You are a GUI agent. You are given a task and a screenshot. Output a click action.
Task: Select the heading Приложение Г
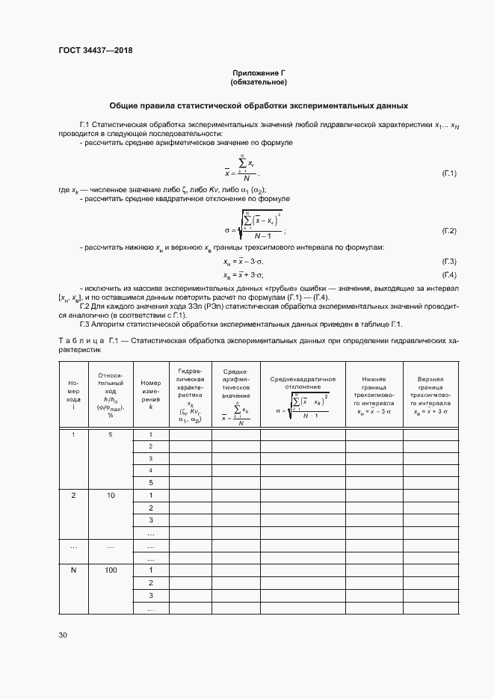pyautogui.click(x=259, y=73)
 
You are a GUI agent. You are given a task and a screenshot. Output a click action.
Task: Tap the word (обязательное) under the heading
pyautogui.click(x=259, y=81)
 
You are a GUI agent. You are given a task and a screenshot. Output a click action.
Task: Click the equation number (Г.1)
pyautogui.click(x=448, y=173)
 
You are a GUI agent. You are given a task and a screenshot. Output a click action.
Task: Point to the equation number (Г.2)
pyautogui.click(x=448, y=230)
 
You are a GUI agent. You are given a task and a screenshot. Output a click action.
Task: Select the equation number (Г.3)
pyautogui.click(x=448, y=262)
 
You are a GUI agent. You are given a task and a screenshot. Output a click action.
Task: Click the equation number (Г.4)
pyautogui.click(x=448, y=275)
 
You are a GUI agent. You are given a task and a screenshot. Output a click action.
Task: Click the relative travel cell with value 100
pyautogui.click(x=111, y=570)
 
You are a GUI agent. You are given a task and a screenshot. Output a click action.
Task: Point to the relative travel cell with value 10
pyautogui.click(x=111, y=496)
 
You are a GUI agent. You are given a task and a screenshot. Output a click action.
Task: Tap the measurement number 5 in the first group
pyautogui.click(x=150, y=483)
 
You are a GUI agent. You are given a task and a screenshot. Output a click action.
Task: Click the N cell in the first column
pyautogui.click(x=73, y=570)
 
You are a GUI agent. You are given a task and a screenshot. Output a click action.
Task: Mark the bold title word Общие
pyautogui.click(x=125, y=105)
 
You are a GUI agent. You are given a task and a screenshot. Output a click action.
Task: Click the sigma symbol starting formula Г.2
pyautogui.click(x=227, y=230)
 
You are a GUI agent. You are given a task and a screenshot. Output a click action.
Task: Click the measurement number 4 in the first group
pyautogui.click(x=150, y=470)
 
